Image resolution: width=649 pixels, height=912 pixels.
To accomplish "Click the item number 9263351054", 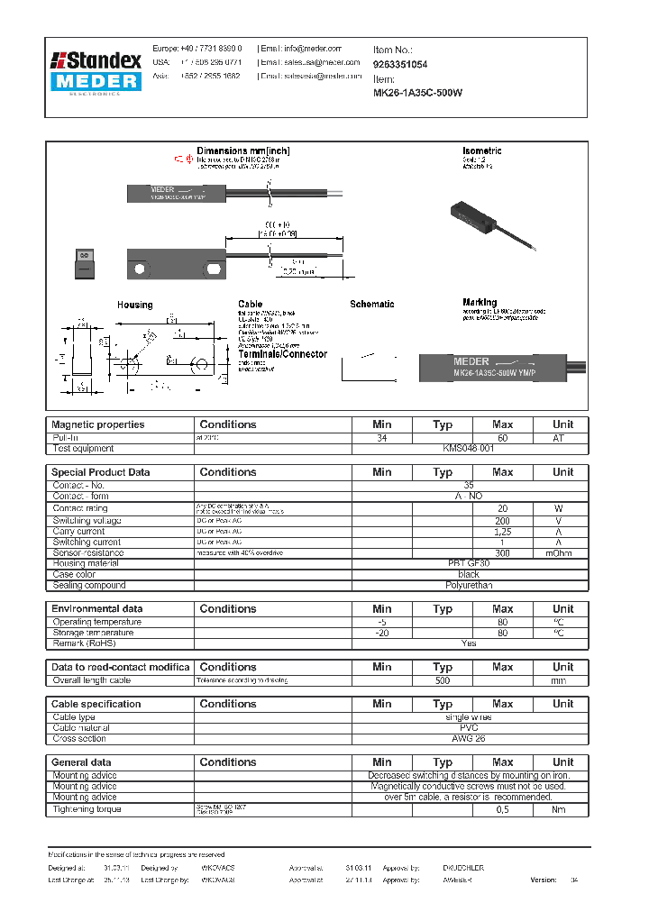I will pos(400,65).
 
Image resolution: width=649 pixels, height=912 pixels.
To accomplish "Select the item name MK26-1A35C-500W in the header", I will pos(417,93).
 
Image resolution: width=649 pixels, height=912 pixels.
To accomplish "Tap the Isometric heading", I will pos(481,150).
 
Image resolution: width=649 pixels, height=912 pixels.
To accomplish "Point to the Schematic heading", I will pos(371,305).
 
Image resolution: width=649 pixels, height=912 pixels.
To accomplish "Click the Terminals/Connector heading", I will pos(282,354).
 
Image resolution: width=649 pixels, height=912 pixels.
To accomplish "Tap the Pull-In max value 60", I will pos(502,437).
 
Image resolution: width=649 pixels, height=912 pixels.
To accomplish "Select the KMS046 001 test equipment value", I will pos(468,448).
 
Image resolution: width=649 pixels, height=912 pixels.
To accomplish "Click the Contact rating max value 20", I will pos(502,508).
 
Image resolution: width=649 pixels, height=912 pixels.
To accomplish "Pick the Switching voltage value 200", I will pos(502,520).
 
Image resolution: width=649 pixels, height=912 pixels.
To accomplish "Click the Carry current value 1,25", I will pos(502,531).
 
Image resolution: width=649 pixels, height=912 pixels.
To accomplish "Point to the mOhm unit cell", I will pos(562,552).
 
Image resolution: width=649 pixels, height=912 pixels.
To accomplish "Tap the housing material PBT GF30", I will pos(468,563).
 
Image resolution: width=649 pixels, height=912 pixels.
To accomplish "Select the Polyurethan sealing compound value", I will pos(468,585).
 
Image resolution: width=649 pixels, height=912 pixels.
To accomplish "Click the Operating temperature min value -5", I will pos(381,622).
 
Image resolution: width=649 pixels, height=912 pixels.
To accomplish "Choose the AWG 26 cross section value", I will pos(468,738).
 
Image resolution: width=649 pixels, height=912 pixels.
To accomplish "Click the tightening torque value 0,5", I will pos(502,809).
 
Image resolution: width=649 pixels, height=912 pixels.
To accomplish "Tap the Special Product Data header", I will pos(101,472).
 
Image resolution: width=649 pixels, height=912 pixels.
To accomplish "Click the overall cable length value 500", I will pos(442,680).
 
